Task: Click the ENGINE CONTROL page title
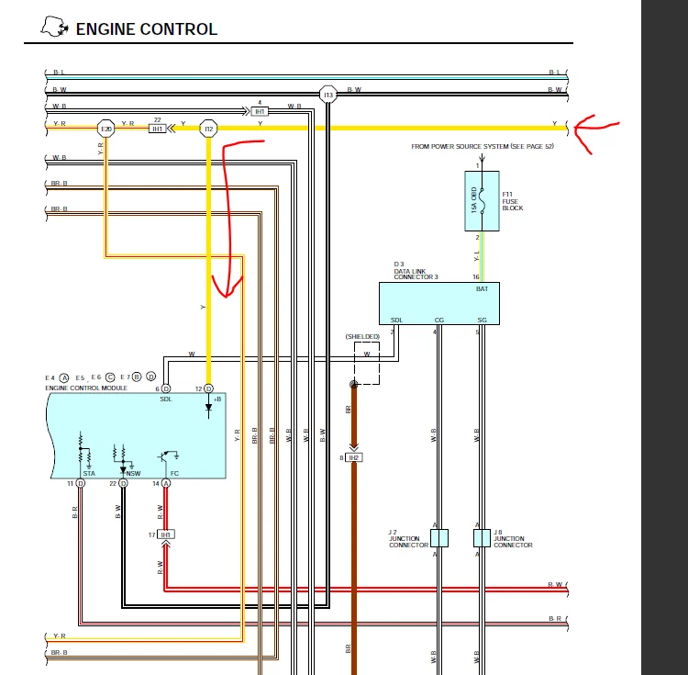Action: tap(146, 28)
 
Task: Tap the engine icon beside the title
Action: tap(55, 28)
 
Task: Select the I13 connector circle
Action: tap(327, 94)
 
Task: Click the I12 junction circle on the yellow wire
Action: tap(208, 129)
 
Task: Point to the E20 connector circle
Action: tap(106, 129)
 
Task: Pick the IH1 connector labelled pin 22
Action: tap(158, 129)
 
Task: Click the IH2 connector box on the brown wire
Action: tap(354, 456)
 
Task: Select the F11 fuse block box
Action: tap(482, 200)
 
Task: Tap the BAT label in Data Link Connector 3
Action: tap(482, 289)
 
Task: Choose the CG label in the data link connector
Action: tap(439, 320)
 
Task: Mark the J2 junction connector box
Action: tap(439, 538)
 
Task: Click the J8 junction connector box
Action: tap(482, 538)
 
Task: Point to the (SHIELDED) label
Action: tap(362, 337)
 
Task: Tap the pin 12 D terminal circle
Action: tap(208, 388)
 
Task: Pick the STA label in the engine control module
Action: tap(89, 473)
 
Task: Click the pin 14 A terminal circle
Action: tap(166, 483)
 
